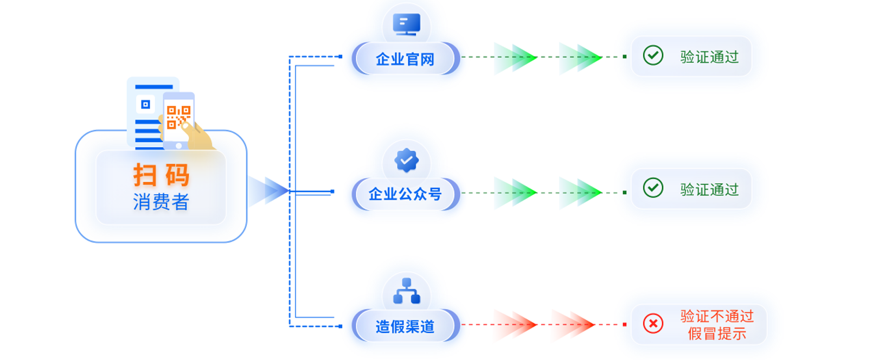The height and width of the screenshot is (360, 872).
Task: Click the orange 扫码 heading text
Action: tap(161, 175)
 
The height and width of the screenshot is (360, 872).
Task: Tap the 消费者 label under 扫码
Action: tap(161, 202)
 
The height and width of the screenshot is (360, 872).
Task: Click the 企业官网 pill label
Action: tap(405, 59)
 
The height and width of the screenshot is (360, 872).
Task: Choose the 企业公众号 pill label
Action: tap(405, 194)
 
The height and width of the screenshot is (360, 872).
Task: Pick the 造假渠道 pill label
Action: tap(405, 326)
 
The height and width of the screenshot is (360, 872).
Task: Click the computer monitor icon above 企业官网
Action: tap(406, 24)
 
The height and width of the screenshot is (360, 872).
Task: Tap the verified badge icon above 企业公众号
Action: tap(406, 160)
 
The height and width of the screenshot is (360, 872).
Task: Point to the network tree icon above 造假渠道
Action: tap(406, 292)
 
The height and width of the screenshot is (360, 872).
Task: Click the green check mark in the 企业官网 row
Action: tap(653, 55)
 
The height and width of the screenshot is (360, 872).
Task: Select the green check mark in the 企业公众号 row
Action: tap(653, 188)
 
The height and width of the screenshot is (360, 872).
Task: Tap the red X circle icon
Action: tap(653, 324)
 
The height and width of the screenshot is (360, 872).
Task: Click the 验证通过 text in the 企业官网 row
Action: tap(709, 57)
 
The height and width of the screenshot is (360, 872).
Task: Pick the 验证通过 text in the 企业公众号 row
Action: tap(709, 189)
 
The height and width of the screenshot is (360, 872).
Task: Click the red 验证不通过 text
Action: tap(717, 316)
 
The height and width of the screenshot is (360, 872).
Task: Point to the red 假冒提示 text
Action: tap(717, 333)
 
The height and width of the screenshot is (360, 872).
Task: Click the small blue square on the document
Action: tap(145, 104)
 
